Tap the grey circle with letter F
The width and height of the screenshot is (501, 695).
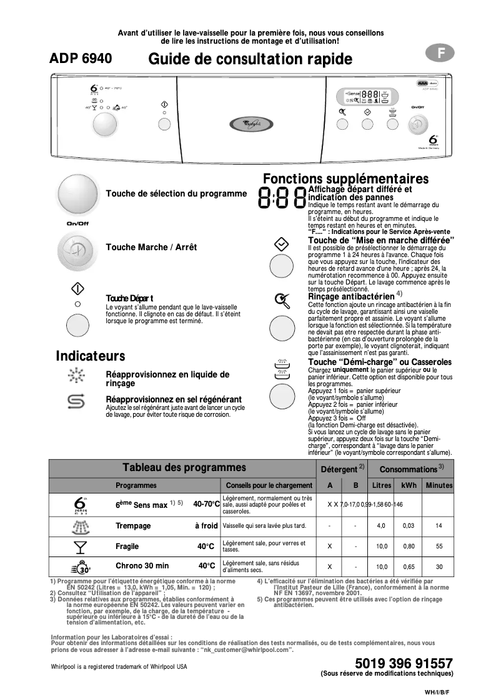click(x=440, y=54)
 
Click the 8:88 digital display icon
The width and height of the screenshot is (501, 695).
click(x=281, y=198)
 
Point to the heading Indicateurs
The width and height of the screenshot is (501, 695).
click(x=91, y=356)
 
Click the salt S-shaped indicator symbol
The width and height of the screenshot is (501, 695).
click(x=77, y=402)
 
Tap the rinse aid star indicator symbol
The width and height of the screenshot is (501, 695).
click(x=77, y=376)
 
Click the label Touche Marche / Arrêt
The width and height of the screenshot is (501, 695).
click(x=151, y=248)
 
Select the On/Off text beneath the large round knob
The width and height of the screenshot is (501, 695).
click(x=78, y=223)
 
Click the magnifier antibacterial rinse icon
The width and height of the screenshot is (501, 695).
click(x=282, y=301)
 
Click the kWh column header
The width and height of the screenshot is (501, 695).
click(x=409, y=485)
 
